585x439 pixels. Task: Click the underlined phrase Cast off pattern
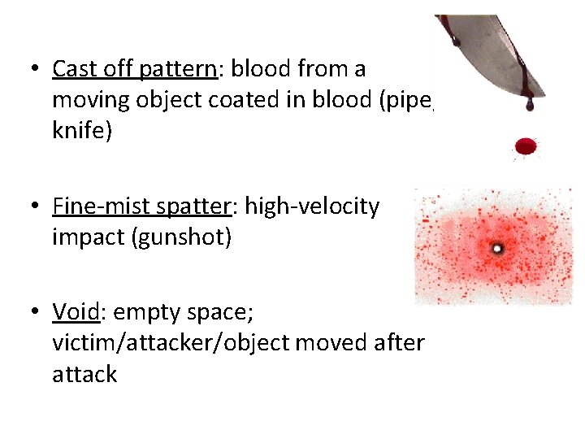134,69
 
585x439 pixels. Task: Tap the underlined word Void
72,311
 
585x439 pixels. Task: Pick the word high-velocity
312,207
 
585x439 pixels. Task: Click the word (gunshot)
188,239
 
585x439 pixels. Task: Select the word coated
234,101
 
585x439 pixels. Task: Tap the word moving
89,101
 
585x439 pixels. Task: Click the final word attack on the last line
84,375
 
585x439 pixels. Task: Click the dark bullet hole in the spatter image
497,247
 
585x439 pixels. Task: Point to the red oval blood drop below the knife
526,146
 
